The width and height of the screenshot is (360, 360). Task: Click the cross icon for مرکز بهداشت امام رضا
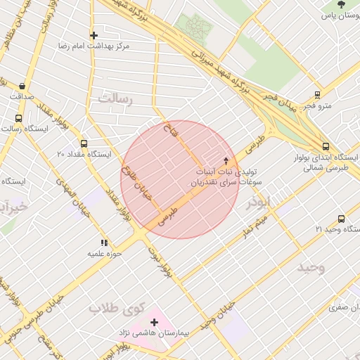point(94,34)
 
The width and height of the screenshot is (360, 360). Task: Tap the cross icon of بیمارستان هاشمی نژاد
point(154,322)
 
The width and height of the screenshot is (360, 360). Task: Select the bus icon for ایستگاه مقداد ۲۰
point(84,143)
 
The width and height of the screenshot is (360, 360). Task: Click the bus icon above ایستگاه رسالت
point(18,118)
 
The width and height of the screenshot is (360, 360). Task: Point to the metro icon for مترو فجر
point(317,95)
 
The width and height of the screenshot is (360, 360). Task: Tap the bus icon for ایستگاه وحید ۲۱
point(342,219)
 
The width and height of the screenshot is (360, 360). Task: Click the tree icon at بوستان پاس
point(341,4)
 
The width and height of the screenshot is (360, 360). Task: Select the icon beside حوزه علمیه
point(104,243)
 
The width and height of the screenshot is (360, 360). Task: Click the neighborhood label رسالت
point(115,98)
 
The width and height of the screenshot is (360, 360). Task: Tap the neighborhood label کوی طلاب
point(116,308)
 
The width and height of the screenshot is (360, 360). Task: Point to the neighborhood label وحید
point(311,268)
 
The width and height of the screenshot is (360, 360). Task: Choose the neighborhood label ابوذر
point(257,203)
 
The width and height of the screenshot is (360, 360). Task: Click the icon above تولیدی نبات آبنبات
point(226,160)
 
